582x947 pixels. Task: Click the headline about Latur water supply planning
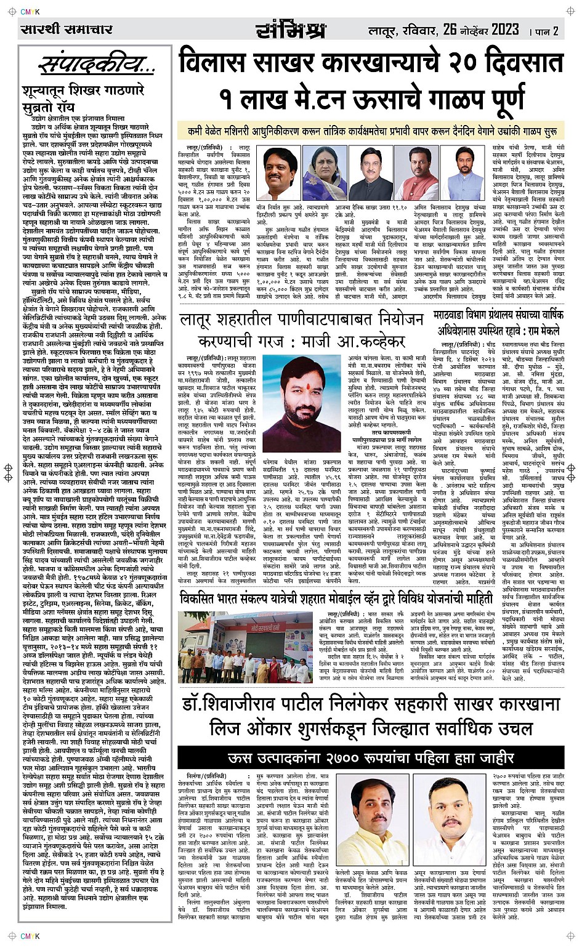pos(302,329)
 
